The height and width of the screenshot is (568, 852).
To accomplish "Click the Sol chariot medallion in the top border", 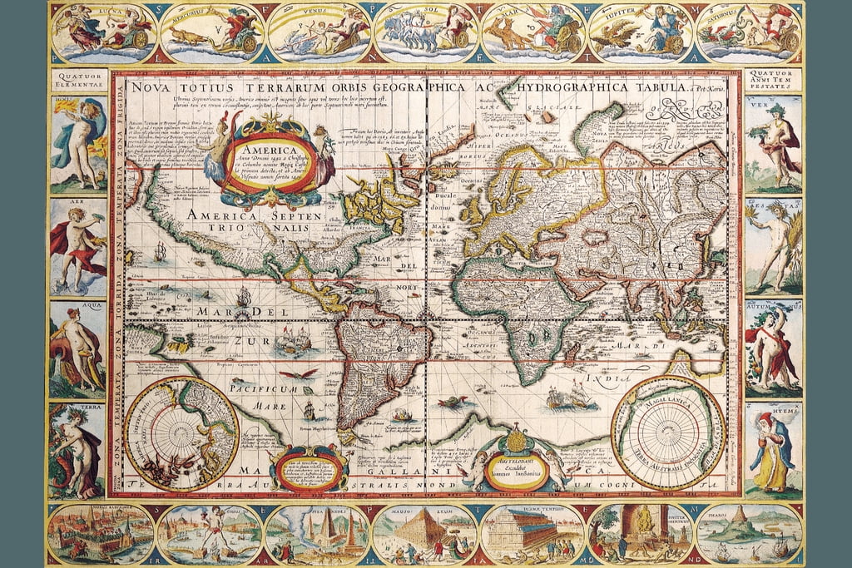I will click(426, 33).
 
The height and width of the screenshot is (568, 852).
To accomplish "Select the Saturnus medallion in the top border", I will click(749, 33).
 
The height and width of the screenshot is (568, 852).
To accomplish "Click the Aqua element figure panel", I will click(77, 349).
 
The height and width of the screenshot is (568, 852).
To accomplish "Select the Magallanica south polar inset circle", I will click(667, 432).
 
